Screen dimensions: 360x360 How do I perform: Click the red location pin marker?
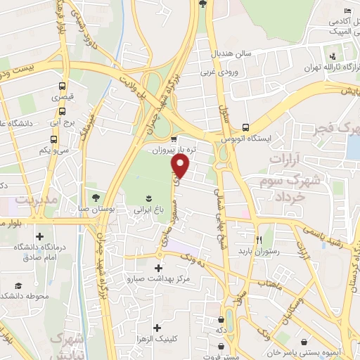click(x=181, y=167)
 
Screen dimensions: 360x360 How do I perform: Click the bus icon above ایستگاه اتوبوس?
click(x=245, y=127)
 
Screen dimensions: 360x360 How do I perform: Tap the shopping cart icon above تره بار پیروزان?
click(x=173, y=139)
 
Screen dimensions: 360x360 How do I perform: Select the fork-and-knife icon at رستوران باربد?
click(x=259, y=239)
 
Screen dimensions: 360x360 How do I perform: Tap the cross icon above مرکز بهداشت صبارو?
click(x=157, y=268)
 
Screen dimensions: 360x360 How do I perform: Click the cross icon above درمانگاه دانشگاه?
click(x=39, y=236)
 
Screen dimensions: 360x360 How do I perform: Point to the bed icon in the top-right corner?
click(x=347, y=11)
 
